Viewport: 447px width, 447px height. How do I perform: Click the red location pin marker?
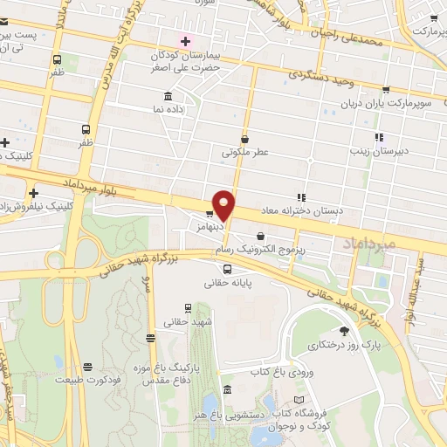pyautogui.click(x=224, y=205)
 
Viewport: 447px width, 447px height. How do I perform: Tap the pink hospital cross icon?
pyautogui.click(x=185, y=41)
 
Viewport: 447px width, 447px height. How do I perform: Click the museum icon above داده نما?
pyautogui.click(x=168, y=97)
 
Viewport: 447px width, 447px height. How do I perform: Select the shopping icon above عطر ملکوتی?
pyautogui.click(x=245, y=138)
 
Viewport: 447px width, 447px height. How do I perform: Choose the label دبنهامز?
pyautogui.click(x=210, y=224)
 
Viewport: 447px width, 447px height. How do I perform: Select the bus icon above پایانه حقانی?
pyautogui.click(x=227, y=268)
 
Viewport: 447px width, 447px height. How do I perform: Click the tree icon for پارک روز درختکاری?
pyautogui.click(x=343, y=331)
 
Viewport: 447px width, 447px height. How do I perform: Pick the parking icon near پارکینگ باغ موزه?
pyautogui.click(x=152, y=337)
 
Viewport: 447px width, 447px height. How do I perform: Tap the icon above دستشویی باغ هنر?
pyautogui.click(x=227, y=390)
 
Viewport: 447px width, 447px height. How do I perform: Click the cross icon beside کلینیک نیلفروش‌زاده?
pyautogui.click(x=33, y=193)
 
